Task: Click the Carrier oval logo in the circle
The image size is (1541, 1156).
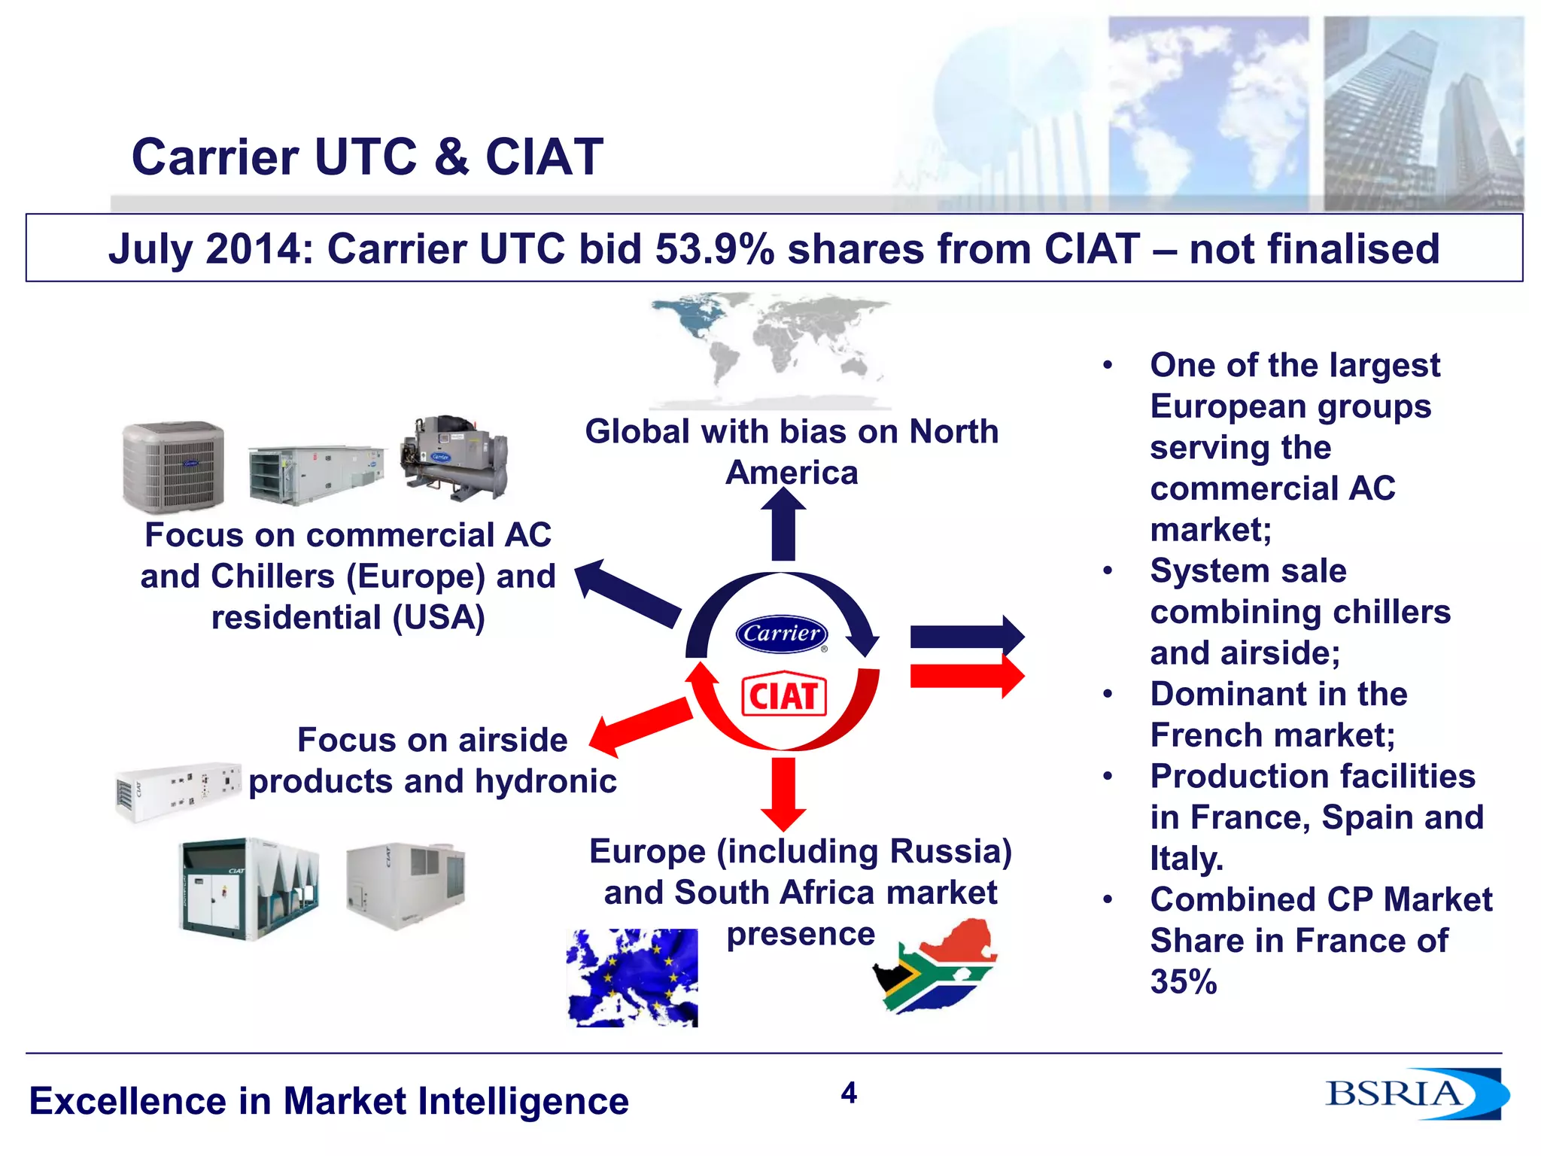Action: coord(782,633)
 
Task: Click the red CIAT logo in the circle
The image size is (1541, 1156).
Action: coord(783,695)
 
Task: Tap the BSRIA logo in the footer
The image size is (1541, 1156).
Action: coord(1415,1094)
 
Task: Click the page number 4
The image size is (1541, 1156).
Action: coord(849,1093)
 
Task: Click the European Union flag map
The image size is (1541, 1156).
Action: coord(632,977)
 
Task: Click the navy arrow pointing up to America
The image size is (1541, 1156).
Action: coord(783,525)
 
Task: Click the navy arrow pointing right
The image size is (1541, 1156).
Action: coord(967,637)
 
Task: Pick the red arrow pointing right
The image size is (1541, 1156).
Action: coord(967,676)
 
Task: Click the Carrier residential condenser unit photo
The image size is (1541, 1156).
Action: coord(173,466)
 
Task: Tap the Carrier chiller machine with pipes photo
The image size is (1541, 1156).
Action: coord(454,457)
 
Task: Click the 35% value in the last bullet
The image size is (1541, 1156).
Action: coord(1183,981)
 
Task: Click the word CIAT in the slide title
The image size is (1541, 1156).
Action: coord(544,157)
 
